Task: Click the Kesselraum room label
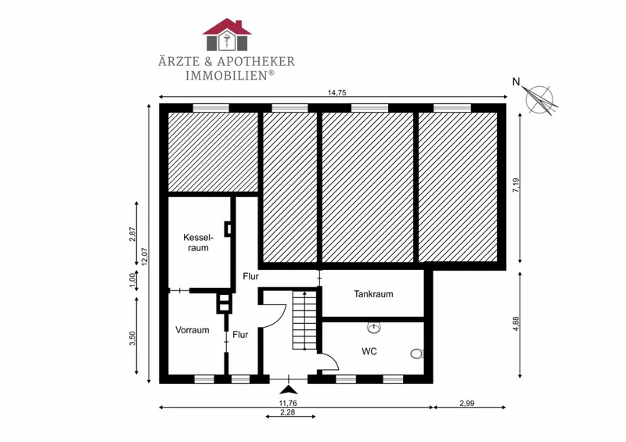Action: click(199, 243)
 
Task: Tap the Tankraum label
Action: click(373, 294)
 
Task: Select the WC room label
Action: click(369, 352)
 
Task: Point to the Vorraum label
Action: click(192, 330)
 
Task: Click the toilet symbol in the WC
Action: click(417, 354)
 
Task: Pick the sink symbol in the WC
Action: click(374, 328)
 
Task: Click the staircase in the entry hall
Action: click(304, 320)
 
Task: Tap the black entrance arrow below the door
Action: click(289, 390)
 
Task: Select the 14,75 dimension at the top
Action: click(336, 92)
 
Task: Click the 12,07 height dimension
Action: click(145, 257)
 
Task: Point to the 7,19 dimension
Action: click(516, 185)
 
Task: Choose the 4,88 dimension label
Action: click(516, 324)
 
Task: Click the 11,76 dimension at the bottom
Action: click(288, 403)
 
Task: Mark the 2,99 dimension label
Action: click(466, 403)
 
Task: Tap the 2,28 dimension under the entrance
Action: click(287, 412)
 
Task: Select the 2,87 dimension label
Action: click(132, 235)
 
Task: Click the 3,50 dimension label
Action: click(132, 339)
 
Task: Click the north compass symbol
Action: click(539, 100)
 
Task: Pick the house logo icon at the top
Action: click(227, 34)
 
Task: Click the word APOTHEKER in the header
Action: click(256, 62)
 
